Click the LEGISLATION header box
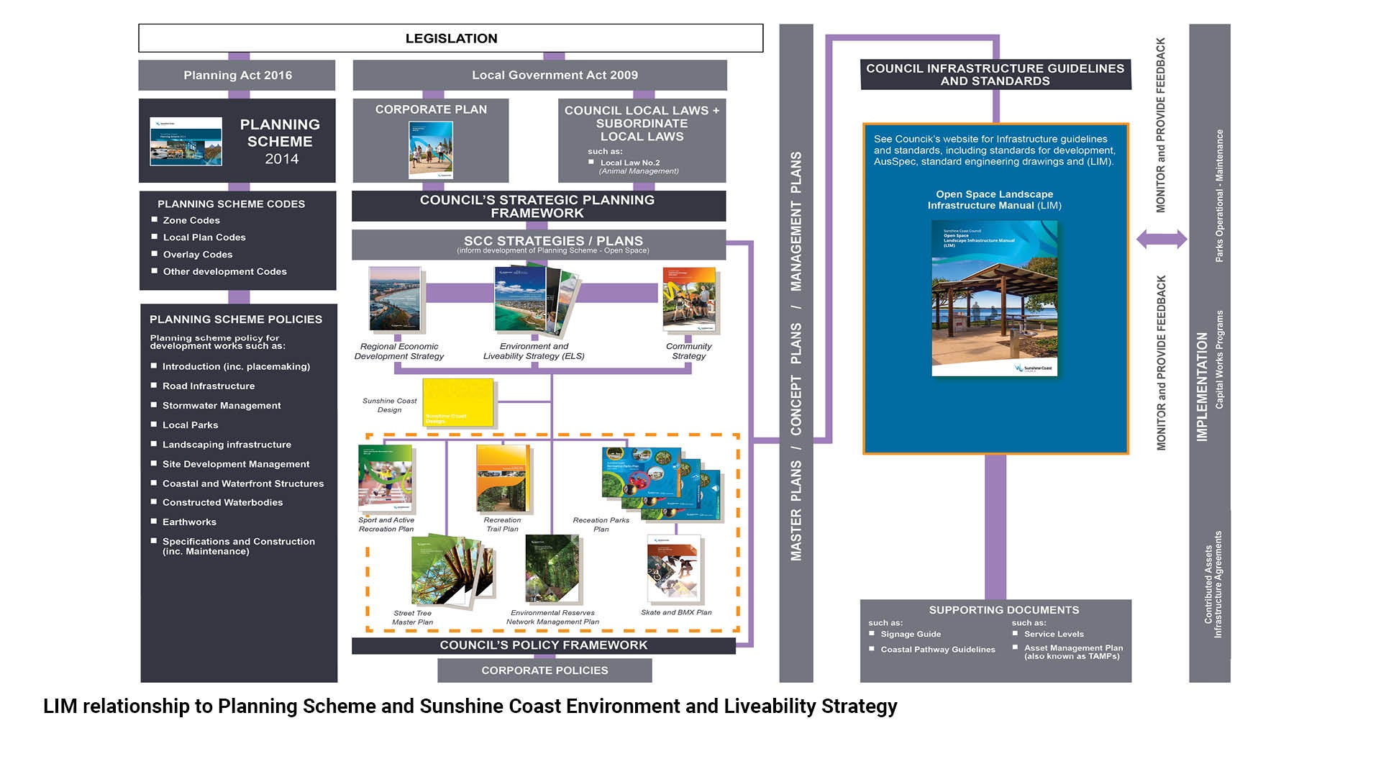point(451,38)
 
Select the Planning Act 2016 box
point(237,75)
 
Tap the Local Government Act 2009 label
point(555,75)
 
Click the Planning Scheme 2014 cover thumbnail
point(186,142)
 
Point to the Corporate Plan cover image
point(431,149)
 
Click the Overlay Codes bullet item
point(198,255)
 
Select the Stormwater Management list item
point(222,406)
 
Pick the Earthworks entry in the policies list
point(189,522)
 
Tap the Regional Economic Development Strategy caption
point(399,351)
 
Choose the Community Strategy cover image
point(689,300)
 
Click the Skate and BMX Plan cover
point(673,568)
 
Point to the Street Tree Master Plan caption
point(413,618)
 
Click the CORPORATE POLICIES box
point(544,671)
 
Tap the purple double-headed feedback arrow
point(1161,240)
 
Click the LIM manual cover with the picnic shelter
point(995,299)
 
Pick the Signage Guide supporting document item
point(911,635)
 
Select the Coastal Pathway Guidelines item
point(938,650)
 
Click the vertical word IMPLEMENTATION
point(1202,386)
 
